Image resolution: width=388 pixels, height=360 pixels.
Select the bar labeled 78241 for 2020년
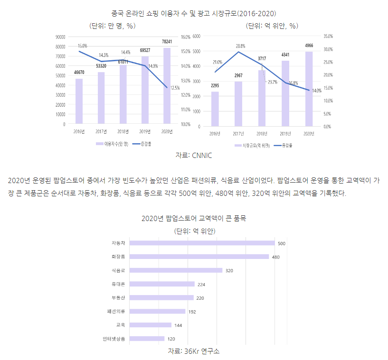click(167, 86)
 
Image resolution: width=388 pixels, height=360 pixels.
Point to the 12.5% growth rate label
click(175, 87)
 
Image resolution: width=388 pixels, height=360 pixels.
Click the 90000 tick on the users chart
click(60, 37)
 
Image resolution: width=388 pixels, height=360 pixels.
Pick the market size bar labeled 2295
click(215, 109)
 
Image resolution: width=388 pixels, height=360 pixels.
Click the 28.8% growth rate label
click(240, 46)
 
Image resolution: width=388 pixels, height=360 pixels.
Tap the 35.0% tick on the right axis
click(328, 36)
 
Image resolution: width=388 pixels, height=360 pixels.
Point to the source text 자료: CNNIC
click(194, 155)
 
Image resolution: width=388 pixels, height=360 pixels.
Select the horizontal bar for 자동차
click(202, 243)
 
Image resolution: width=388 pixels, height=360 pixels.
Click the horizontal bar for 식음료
click(176, 270)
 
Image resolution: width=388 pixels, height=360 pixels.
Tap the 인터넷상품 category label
click(114, 339)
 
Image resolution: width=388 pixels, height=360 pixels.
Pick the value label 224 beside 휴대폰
click(201, 285)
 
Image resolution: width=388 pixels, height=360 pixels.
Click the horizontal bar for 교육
click(150, 325)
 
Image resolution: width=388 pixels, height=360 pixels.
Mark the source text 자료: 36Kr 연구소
click(194, 351)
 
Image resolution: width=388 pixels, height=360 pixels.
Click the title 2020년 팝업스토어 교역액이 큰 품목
click(194, 219)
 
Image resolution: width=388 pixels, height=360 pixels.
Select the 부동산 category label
click(118, 298)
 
